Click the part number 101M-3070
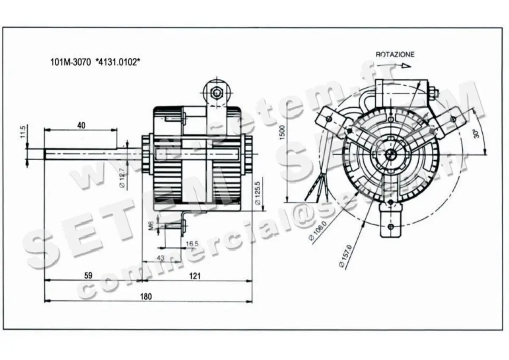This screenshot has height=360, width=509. click(70, 62)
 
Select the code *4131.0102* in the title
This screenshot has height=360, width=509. click(118, 62)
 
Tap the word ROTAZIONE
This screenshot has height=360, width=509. click(394, 55)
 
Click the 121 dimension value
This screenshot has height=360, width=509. click(195, 276)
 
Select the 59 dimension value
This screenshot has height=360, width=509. click(88, 276)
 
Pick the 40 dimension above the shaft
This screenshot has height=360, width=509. click(81, 125)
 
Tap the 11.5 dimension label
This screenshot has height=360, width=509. click(23, 131)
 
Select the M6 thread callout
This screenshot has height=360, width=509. click(151, 226)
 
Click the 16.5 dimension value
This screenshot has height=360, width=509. click(192, 243)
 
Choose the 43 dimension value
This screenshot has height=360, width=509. click(160, 257)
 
